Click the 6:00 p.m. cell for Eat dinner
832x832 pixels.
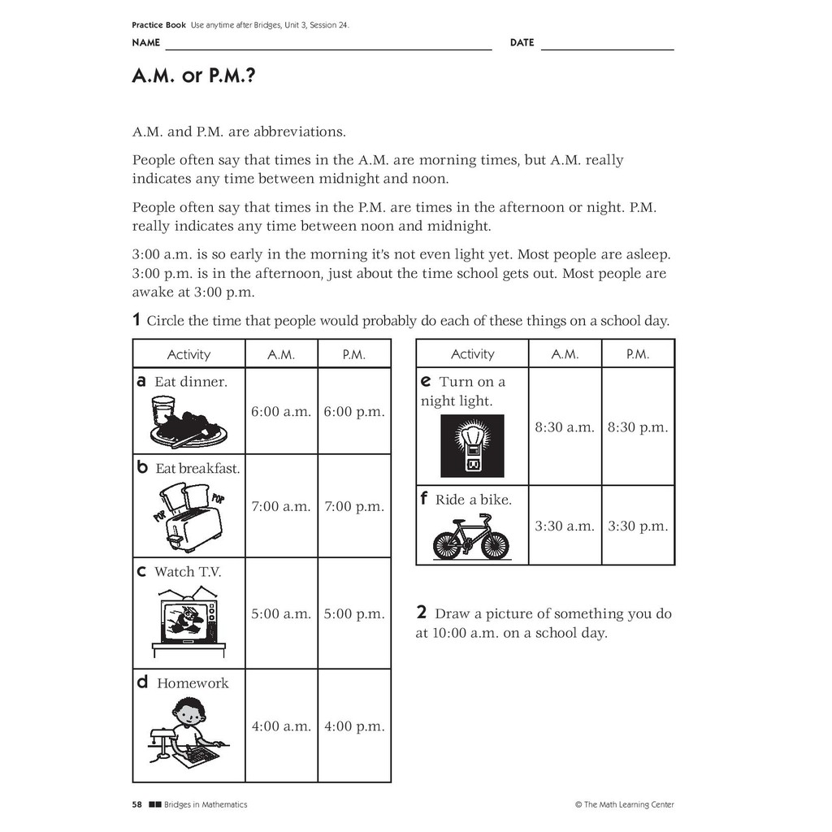click(354, 412)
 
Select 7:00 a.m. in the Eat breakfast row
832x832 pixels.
click(281, 506)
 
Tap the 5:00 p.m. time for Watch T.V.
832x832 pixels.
click(354, 614)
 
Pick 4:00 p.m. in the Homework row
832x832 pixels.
click(354, 726)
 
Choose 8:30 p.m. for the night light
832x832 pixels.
click(638, 427)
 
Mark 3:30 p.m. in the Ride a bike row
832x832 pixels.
click(638, 526)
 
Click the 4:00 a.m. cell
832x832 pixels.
click(281, 726)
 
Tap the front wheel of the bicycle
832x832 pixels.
click(494, 545)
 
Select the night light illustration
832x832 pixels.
click(472, 446)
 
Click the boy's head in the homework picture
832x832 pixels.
click(189, 713)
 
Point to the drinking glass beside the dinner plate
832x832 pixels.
click(162, 409)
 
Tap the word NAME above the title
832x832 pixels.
click(146, 42)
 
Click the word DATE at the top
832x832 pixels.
click(522, 42)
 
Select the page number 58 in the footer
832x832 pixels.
click(136, 804)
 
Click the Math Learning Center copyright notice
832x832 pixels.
click(624, 804)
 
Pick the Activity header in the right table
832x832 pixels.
click(472, 354)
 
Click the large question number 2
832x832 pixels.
click(422, 613)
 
